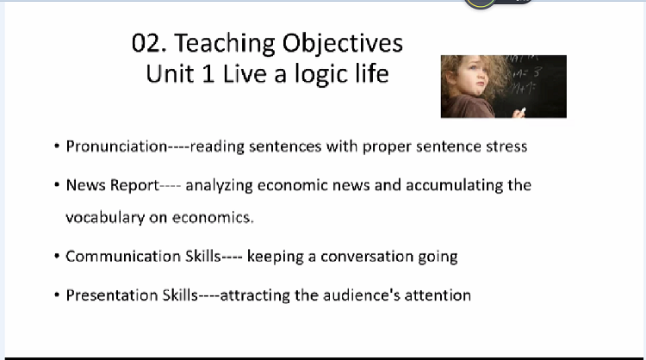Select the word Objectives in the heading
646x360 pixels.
(x=342, y=45)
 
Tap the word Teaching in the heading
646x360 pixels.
(x=225, y=45)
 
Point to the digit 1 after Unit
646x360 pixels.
(x=208, y=74)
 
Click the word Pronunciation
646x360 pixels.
(x=116, y=146)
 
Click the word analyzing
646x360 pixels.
(x=219, y=186)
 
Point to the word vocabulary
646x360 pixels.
(x=105, y=218)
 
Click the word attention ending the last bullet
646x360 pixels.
(x=438, y=295)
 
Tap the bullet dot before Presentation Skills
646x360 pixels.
(x=57, y=295)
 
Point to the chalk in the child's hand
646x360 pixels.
(x=523, y=110)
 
